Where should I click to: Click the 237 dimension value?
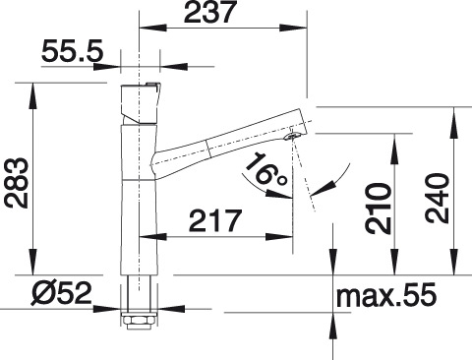tap(210, 12)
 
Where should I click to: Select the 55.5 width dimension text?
tap(73, 51)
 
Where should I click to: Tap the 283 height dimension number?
tap(17, 183)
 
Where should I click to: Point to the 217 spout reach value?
tap(215, 220)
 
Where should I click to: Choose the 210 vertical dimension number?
tap(380, 209)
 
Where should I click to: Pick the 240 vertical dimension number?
tap(437, 199)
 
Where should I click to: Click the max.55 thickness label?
tap(386, 295)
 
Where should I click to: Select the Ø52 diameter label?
tap(61, 293)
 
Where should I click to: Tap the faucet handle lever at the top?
tap(141, 102)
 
